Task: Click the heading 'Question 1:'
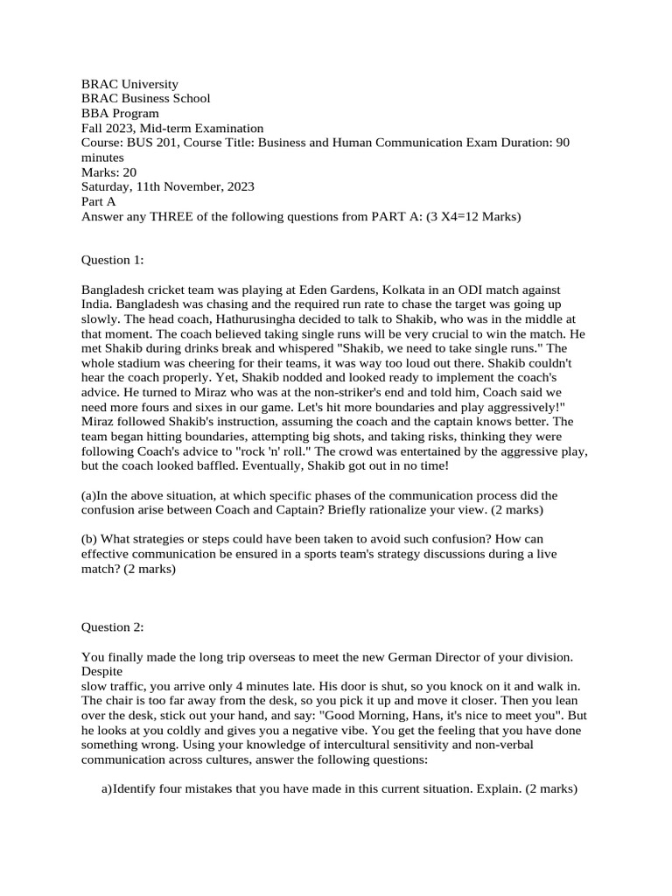click(113, 260)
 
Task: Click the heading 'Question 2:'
click(113, 627)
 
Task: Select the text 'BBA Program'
click(120, 114)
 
